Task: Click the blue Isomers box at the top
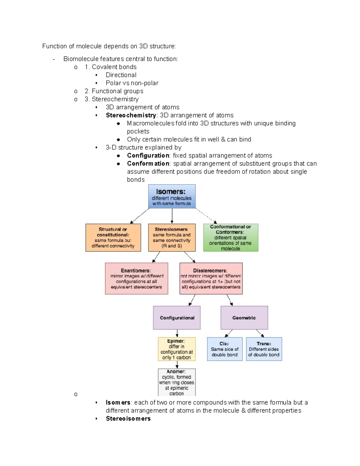(172, 197)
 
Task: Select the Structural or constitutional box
(113, 237)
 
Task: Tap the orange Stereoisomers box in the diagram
(172, 237)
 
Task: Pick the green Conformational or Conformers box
(230, 237)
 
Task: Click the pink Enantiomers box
(136, 278)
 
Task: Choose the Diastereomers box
(211, 278)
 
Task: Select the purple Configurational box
(177, 318)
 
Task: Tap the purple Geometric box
(244, 318)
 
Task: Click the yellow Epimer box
(177, 349)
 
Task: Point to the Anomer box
(177, 382)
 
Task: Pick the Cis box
(224, 349)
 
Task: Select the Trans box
(264, 349)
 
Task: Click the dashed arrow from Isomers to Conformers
(206, 216)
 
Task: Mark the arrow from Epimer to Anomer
(177, 365)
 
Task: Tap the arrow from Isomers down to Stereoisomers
(172, 216)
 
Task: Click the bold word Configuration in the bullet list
(148, 155)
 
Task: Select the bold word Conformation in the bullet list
(148, 164)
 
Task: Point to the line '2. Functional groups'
(114, 91)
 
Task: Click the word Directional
(121, 75)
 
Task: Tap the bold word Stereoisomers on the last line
(128, 419)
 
